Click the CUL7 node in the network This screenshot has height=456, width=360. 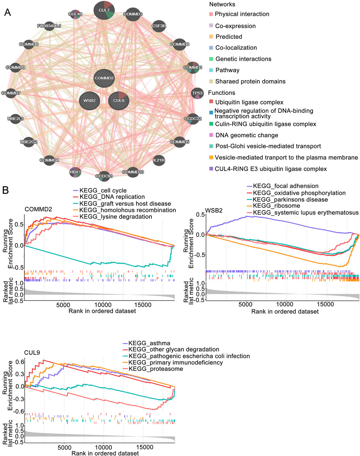tap(104, 10)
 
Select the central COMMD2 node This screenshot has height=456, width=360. tap(104, 78)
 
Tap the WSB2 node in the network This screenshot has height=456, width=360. tap(89, 101)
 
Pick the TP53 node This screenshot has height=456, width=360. tap(197, 93)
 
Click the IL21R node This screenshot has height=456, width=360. tap(159, 160)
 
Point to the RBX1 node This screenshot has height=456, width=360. tap(75, 172)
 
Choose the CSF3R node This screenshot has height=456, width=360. tap(159, 26)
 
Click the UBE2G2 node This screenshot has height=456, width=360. tap(28, 142)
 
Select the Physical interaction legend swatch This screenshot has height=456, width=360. tap(211, 14)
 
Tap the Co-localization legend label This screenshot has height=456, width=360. tap(236, 47)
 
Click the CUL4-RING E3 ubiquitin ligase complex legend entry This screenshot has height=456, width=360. tap(271, 169)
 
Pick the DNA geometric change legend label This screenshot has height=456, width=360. tap(247, 135)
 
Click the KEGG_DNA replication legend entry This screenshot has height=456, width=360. tap(112, 197)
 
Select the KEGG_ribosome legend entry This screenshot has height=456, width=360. tap(276, 206)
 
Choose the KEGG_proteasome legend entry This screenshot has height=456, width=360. tap(155, 369)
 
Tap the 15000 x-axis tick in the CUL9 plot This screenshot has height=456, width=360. tap(145, 447)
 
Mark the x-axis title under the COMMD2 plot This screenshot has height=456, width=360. tap(102, 311)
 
